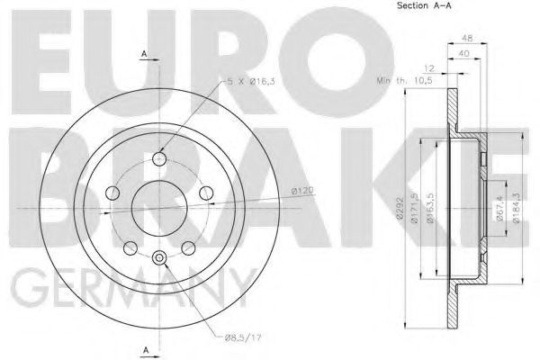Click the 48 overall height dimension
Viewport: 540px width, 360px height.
[466, 39]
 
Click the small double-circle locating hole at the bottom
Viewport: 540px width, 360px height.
[159, 259]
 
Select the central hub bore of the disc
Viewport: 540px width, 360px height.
[159, 208]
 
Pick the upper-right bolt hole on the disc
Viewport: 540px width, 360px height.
[206, 192]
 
